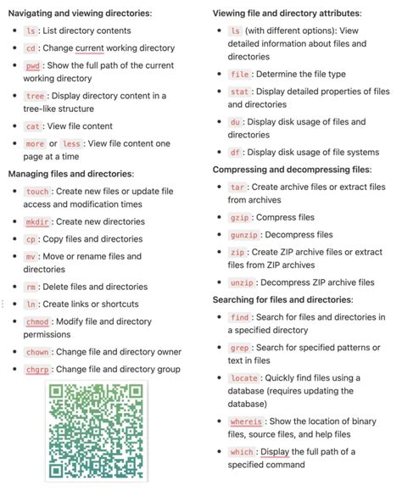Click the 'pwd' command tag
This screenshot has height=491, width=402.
coord(33,65)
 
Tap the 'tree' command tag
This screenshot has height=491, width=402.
coord(35,96)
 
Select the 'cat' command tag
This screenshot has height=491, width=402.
coord(33,126)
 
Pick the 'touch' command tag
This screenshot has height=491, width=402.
coord(37,192)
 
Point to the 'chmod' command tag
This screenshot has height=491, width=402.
coord(37,323)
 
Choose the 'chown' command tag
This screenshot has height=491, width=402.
coord(37,351)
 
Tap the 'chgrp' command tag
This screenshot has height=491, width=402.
coord(37,369)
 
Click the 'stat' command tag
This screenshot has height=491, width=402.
coord(239,92)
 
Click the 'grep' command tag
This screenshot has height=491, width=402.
coord(239,348)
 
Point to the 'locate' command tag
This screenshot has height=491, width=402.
coord(243,377)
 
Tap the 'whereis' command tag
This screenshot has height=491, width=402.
coord(247,421)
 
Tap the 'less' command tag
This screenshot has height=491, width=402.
coord(72,144)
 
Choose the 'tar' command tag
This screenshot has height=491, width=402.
coord(237,187)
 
